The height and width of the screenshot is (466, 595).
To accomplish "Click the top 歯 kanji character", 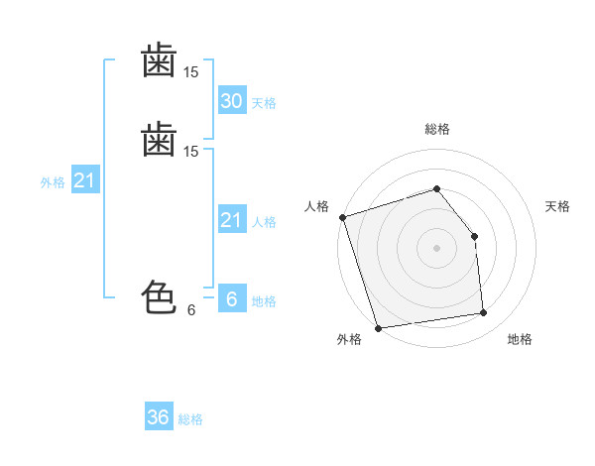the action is tap(159, 59).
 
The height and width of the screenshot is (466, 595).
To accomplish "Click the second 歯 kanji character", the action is tap(159, 139).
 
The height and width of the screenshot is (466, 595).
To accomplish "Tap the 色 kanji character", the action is tap(159, 297).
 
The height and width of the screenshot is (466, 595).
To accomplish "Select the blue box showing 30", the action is tap(232, 100).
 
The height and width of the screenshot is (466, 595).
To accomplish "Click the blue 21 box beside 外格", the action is tap(85, 179).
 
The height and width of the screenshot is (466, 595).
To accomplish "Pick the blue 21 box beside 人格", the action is tap(232, 218).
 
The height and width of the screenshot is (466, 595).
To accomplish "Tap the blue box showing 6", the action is tap(232, 297).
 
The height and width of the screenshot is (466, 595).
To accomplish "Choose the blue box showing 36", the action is tap(159, 415).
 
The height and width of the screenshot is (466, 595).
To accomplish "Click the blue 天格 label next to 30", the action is tap(264, 103).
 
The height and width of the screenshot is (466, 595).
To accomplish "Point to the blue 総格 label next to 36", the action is tap(190, 419).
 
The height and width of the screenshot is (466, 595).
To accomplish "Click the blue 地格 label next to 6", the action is tap(264, 301).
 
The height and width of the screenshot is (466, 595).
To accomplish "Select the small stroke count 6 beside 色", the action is tap(191, 310).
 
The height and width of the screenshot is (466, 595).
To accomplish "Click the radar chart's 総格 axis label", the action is tap(437, 129).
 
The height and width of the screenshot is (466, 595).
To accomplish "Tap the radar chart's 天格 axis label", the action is tap(557, 206).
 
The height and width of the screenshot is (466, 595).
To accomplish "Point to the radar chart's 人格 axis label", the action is tap(316, 206).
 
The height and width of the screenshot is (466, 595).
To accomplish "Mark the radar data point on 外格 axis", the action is tap(378, 328).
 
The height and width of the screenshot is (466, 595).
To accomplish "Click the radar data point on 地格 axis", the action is tap(484, 312).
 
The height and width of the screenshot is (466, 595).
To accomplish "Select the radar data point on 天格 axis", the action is tap(474, 236).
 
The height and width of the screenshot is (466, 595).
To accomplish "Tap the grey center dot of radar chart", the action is tap(436, 248).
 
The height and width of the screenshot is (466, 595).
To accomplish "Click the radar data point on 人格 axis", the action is tap(343, 217).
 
